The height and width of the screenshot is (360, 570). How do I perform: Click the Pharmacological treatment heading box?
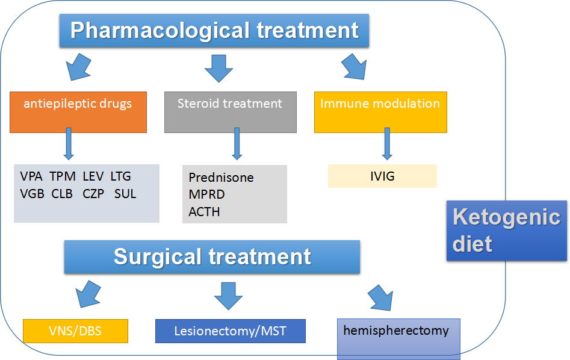[214, 30]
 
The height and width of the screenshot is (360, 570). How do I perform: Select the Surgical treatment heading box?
[212, 257]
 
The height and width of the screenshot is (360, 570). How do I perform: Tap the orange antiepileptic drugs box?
[78, 111]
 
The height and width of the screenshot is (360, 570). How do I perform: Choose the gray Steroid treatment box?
[230, 111]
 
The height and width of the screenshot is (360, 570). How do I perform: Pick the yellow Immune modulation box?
[380, 111]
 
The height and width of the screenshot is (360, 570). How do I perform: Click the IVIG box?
[382, 176]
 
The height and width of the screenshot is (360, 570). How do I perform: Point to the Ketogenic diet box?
[507, 231]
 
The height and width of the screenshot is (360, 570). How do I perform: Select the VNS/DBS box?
[75, 331]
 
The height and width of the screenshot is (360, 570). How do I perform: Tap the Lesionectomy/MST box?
[230, 331]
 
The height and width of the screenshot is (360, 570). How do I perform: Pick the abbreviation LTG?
[120, 176]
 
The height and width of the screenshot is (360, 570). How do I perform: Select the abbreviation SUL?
[125, 194]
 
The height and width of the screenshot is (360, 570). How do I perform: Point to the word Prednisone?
[221, 178]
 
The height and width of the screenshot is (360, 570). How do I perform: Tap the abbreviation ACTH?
[204, 212]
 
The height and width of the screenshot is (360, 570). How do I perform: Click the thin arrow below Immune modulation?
[385, 144]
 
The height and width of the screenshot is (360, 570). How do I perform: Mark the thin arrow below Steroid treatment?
[237, 144]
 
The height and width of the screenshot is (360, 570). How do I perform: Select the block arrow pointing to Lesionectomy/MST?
[228, 295]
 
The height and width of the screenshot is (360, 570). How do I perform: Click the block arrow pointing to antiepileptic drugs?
[79, 68]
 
